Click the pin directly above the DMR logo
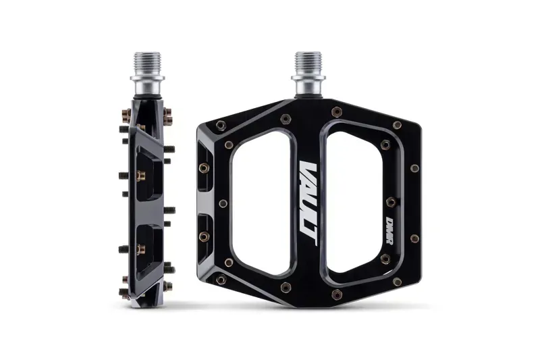390,200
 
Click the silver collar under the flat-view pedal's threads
308,88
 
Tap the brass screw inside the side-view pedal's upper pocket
141,176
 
